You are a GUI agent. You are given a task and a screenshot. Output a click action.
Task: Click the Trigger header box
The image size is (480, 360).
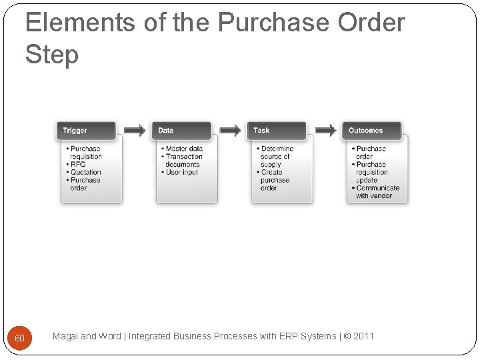click(86, 131)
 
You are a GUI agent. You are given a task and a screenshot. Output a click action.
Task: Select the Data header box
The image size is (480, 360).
click(182, 131)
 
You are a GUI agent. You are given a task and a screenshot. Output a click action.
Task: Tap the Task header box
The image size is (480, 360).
click(277, 131)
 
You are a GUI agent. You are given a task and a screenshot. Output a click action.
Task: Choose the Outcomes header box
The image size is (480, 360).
click(373, 131)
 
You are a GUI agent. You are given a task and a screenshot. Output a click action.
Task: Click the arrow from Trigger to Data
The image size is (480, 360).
click(134, 131)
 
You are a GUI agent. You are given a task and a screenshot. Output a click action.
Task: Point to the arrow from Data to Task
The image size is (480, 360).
click(230, 131)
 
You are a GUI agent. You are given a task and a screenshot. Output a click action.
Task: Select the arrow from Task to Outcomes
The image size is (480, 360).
click(325, 131)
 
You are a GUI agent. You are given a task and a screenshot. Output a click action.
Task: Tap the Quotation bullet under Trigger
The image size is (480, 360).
click(85, 172)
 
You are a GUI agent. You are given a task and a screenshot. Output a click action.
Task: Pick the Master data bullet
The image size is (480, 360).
click(183, 149)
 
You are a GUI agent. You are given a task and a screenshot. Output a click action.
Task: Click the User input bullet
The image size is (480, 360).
click(181, 172)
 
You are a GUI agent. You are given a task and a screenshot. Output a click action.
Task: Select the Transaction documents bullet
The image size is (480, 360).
click(183, 161)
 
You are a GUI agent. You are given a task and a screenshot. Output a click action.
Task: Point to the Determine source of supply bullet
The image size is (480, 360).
click(276, 157)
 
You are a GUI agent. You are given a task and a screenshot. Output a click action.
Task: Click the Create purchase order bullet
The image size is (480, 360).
click(274, 180)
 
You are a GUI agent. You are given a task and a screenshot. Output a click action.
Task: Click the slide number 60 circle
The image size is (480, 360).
click(19, 338)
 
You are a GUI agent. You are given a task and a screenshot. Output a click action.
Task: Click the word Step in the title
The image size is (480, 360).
click(52, 55)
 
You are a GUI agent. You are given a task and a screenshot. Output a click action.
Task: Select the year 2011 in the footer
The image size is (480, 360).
click(363, 336)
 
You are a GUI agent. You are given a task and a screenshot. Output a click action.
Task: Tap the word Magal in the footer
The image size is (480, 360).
click(65, 336)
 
